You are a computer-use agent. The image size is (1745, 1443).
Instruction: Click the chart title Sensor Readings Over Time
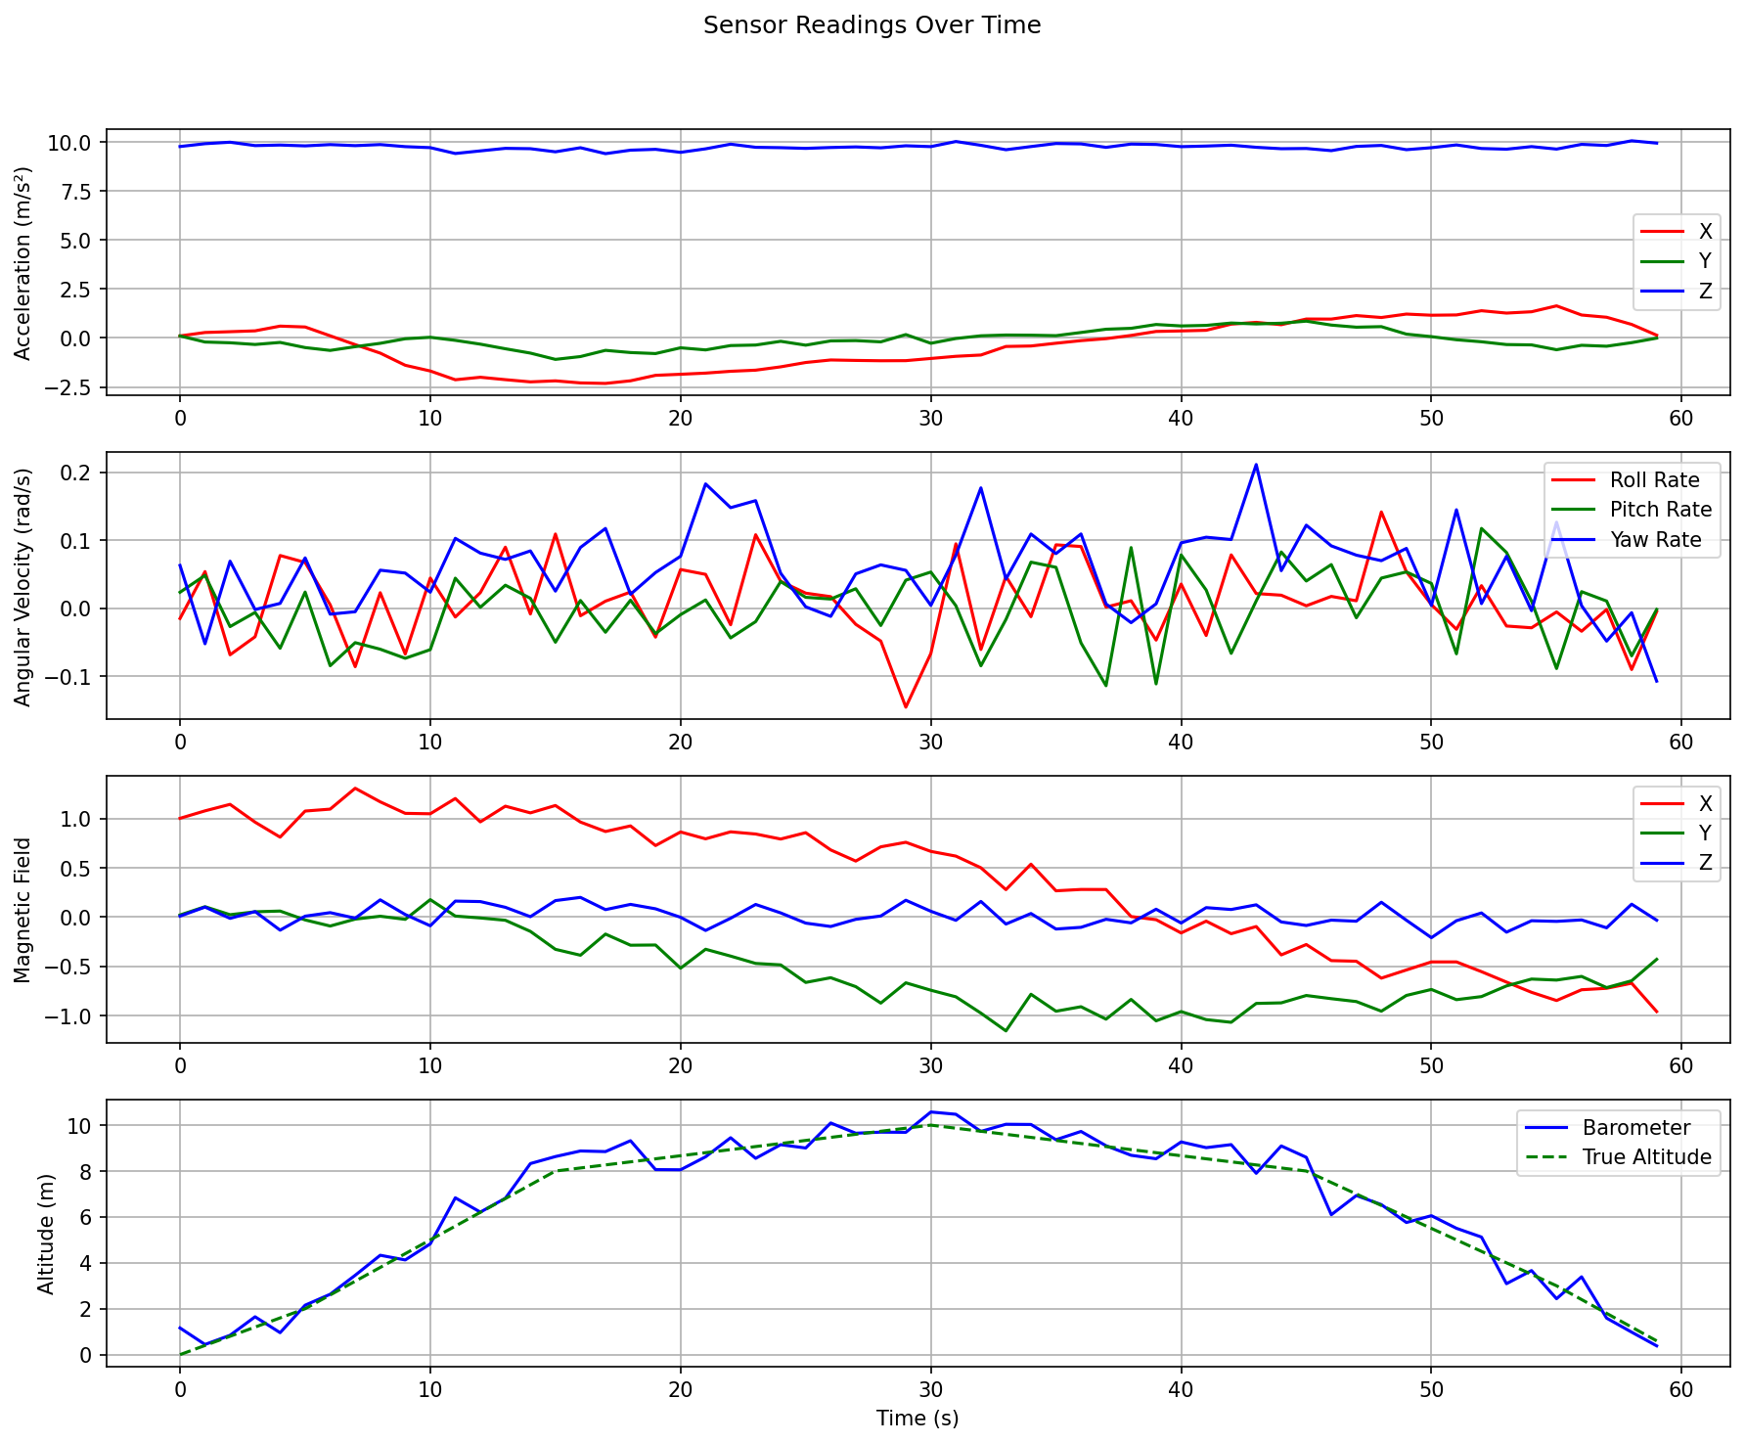[872, 25]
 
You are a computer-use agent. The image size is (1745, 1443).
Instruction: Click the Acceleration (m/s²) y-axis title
[23, 262]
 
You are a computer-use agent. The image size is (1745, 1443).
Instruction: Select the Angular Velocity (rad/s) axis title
[23, 586]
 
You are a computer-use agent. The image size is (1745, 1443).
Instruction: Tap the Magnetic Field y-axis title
[23, 910]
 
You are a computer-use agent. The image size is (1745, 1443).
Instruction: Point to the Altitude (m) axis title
[46, 1233]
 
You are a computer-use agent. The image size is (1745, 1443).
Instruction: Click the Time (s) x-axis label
[917, 1418]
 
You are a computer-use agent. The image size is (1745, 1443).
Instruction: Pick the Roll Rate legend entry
[1654, 480]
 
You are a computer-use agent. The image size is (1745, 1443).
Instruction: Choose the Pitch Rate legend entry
[1660, 510]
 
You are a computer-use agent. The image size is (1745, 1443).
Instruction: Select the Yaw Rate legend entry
[1655, 540]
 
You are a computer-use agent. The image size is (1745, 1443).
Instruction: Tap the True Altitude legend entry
[1646, 1157]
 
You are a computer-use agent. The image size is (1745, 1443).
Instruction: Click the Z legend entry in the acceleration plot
[1705, 292]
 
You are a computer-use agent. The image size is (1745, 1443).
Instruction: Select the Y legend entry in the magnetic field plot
[1705, 834]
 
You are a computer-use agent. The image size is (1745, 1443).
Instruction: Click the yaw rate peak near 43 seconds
[1256, 465]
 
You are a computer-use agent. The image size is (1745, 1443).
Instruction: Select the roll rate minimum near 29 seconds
[906, 707]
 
